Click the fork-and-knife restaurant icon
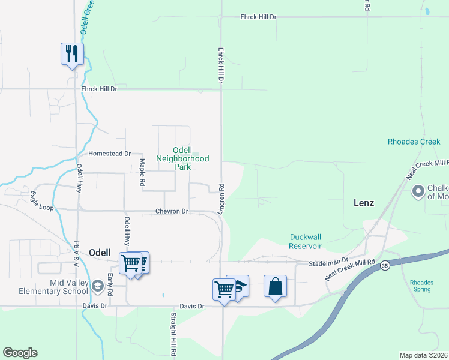pyautogui.click(x=72, y=54)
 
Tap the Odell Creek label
pyautogui.click(x=88, y=17)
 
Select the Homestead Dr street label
pyautogui.click(x=109, y=154)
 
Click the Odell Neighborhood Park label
pyautogui.click(x=182, y=158)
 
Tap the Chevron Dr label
pyautogui.click(x=172, y=211)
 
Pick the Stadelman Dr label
pyautogui.click(x=328, y=263)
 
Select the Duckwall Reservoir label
pyautogui.click(x=306, y=241)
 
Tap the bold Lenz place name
pyautogui.click(x=363, y=203)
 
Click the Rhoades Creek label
pyautogui.click(x=414, y=142)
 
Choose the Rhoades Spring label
pyautogui.click(x=420, y=286)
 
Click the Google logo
pyautogui.click(x=20, y=353)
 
